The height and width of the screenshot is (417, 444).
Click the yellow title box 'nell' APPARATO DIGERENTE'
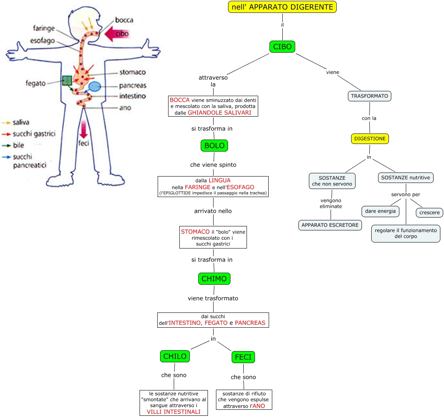tap(282, 7)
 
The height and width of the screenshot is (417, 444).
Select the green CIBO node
tap(282, 47)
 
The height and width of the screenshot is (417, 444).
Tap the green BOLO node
tap(214, 146)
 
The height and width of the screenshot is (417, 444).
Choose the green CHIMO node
tap(214, 279)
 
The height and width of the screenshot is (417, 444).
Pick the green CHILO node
tap(175, 356)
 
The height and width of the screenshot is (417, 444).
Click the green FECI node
tap(243, 357)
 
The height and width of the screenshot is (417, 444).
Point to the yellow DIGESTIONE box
tap(370, 139)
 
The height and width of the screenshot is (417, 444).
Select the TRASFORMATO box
tap(370, 96)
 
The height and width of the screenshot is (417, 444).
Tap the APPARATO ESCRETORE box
tap(330, 225)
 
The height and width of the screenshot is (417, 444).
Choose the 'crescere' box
tap(430, 212)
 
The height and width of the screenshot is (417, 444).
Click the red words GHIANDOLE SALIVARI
tap(222, 113)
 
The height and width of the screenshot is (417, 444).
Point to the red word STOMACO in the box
tap(195, 232)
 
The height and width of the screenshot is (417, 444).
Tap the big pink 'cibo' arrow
tap(117, 34)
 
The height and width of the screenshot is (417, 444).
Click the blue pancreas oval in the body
tap(95, 86)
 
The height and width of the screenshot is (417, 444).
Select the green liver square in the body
tap(67, 80)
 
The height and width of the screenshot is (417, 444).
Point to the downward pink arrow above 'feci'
tap(84, 129)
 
